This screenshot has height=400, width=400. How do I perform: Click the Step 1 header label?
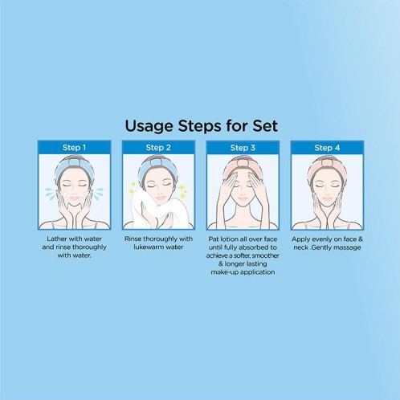click(74, 148)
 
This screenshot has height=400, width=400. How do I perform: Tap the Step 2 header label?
click(158, 148)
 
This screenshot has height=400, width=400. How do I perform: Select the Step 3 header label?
click(243, 148)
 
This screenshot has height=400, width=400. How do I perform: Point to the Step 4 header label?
click(327, 148)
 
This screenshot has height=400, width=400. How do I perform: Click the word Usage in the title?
click(149, 127)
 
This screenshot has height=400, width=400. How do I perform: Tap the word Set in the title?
click(265, 126)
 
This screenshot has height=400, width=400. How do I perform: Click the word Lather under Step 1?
click(55, 239)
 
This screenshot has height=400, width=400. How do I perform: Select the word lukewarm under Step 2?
click(147, 247)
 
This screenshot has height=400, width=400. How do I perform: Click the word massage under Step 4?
click(348, 247)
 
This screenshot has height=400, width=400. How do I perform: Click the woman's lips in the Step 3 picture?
click(243, 198)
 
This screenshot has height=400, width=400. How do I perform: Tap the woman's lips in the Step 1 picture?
click(75, 198)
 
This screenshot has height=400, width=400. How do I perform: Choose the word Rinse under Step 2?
click(133, 239)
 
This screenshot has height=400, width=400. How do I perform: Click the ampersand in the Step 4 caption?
click(360, 239)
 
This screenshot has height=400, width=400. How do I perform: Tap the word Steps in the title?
click(200, 127)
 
